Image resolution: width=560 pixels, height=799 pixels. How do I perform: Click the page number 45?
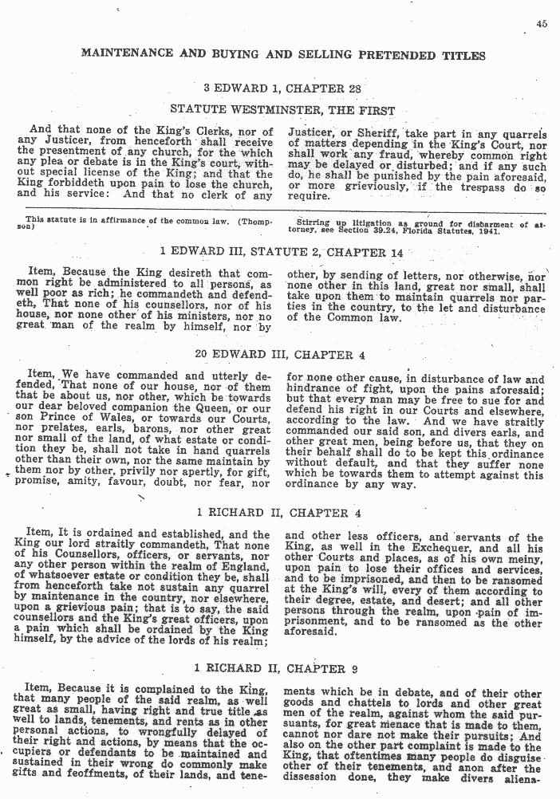542,25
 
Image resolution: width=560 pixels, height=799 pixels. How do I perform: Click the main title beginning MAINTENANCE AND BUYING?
283,56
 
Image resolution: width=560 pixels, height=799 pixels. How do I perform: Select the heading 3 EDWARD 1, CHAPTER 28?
282,89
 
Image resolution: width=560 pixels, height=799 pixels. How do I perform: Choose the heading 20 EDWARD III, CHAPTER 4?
282,355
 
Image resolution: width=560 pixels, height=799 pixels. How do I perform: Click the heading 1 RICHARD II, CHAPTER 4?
283,513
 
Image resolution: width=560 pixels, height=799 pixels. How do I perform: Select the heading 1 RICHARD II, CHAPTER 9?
283,668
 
